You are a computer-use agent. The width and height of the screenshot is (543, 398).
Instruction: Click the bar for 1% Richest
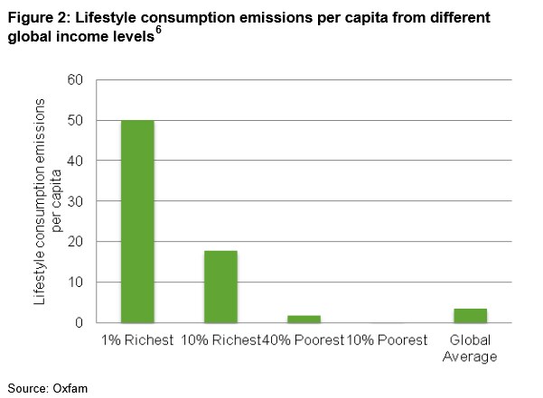pyautogui.click(x=137, y=221)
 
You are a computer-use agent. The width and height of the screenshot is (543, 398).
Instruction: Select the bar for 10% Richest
pyautogui.click(x=220, y=287)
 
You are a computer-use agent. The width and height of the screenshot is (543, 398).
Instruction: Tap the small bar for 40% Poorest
pyautogui.click(x=304, y=319)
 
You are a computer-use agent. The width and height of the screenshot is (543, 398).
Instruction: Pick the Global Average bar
pyautogui.click(x=471, y=315)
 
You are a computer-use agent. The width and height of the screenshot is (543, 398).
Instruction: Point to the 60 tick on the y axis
pyautogui.click(x=75, y=80)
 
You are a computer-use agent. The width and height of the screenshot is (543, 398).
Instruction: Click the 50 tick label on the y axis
pyautogui.click(x=75, y=120)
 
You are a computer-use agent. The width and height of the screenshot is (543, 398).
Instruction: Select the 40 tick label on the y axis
pyautogui.click(x=75, y=161)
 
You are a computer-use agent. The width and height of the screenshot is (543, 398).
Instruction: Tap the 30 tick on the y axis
pyautogui.click(x=75, y=201)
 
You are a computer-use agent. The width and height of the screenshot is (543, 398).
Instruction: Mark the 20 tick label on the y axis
pyautogui.click(x=75, y=241)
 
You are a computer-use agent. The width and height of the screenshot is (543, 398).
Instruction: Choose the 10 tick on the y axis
pyautogui.click(x=75, y=282)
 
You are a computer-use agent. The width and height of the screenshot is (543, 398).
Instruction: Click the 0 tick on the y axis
pyautogui.click(x=79, y=322)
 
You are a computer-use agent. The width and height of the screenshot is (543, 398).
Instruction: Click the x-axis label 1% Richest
pyautogui.click(x=137, y=340)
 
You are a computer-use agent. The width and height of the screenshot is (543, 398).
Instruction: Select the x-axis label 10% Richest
pyautogui.click(x=221, y=340)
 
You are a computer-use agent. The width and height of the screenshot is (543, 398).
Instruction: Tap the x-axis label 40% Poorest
pyautogui.click(x=303, y=340)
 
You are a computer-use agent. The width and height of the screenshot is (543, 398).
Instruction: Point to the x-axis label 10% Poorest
pyautogui.click(x=387, y=340)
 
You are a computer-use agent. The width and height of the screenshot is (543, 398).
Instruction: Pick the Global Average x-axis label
pyautogui.click(x=470, y=348)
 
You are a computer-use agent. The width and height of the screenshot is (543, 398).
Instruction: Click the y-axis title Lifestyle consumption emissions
pyautogui.click(x=39, y=201)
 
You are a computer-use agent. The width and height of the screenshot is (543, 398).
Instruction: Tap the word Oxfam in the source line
pyautogui.click(x=70, y=388)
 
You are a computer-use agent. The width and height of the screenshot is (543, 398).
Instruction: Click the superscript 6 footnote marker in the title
pyautogui.click(x=158, y=30)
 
